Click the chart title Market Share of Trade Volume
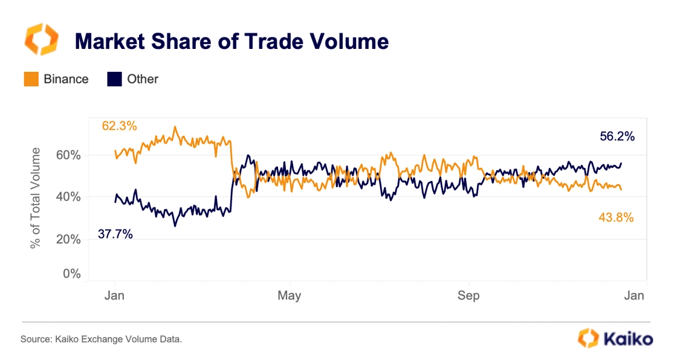[231, 42]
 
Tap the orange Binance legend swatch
[31, 79]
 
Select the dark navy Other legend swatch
[114, 79]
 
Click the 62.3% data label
[119, 126]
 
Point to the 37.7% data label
[115, 234]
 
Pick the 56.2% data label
[617, 137]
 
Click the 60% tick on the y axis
[68, 155]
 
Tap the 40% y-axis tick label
[68, 197]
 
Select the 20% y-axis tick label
[68, 239]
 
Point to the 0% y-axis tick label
[71, 274]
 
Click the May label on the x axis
[290, 296]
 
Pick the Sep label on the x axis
[468, 296]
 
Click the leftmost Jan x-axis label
[114, 296]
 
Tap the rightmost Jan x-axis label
[633, 296]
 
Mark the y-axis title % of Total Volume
[36, 198]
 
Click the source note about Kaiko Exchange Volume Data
[101, 339]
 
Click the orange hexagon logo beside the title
[42, 40]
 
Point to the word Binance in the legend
[66, 79]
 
